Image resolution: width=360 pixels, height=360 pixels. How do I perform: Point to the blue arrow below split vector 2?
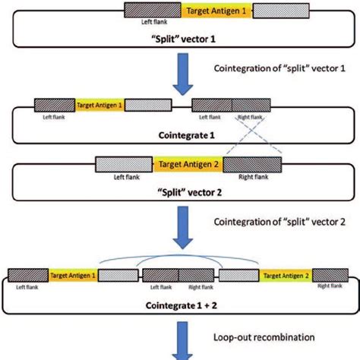[181, 228]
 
